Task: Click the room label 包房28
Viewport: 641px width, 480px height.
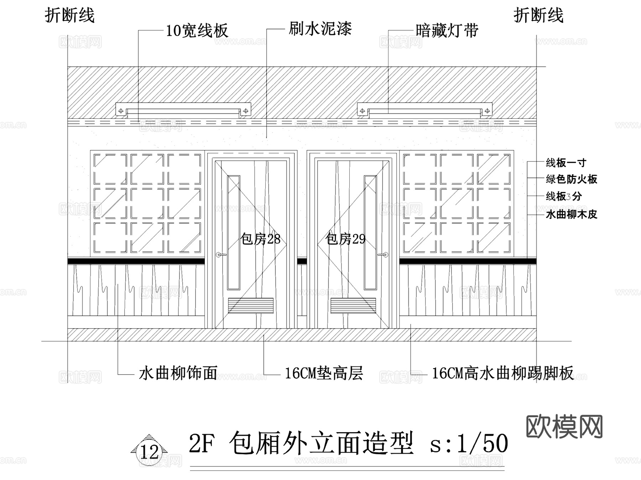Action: coord(260,239)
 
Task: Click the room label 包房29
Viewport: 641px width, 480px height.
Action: coord(345,239)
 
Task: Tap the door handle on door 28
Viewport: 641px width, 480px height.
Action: coord(221,254)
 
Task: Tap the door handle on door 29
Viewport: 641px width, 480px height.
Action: coord(383,254)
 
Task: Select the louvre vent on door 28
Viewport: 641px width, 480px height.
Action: coord(251,306)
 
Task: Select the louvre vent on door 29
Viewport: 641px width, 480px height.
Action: coord(353,306)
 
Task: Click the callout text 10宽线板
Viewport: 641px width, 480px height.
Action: coord(197,31)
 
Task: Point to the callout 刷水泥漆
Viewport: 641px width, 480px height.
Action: coord(320,29)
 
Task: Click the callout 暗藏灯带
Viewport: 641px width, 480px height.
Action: coord(447,31)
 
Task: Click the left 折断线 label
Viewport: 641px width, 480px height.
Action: coord(70,16)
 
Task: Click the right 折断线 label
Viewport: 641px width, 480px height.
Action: coord(538,16)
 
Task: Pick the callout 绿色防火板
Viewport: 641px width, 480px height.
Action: coord(571,179)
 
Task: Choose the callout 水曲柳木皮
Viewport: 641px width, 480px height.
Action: coord(571,214)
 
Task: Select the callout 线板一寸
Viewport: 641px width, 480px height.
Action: coord(566,163)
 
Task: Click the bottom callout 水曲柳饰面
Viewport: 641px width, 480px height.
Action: coord(178,373)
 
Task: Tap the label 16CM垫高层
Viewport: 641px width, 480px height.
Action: coord(324,373)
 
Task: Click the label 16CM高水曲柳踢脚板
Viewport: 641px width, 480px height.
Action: coord(502,373)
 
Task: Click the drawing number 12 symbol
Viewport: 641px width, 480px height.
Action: coord(149,451)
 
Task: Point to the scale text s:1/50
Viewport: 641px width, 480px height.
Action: coord(469,444)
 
